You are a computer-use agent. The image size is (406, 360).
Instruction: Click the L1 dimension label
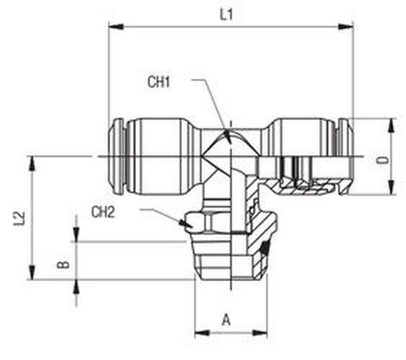(226, 14)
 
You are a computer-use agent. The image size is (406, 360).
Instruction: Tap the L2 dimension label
(20, 218)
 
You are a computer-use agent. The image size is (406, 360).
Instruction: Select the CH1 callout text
(158, 82)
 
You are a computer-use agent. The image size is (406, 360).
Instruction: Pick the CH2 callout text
(103, 212)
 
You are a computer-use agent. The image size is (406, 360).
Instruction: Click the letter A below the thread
(226, 319)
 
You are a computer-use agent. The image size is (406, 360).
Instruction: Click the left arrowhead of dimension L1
(116, 27)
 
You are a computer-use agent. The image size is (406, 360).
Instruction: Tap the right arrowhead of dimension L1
(346, 27)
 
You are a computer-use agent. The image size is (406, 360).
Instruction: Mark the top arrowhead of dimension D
(391, 127)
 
